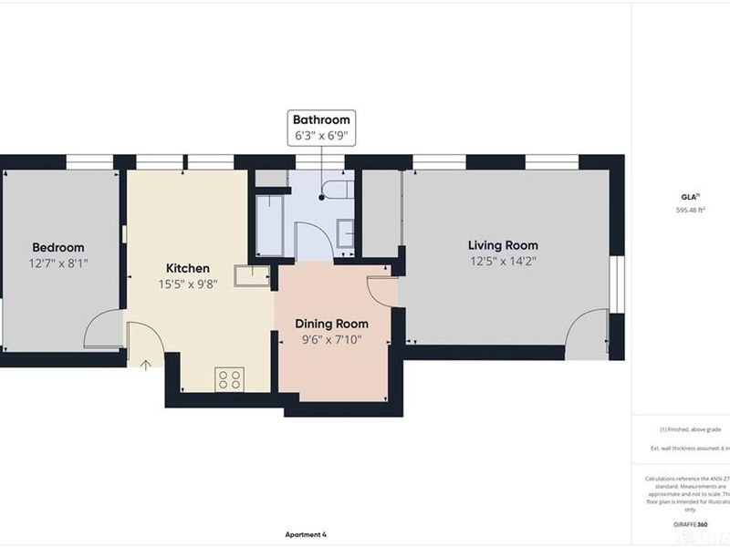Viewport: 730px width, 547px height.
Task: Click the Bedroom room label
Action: click(58, 247)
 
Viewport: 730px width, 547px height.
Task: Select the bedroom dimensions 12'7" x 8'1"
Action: click(58, 263)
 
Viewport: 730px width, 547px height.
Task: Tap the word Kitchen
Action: click(187, 268)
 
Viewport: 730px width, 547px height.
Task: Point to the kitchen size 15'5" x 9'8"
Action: click(187, 284)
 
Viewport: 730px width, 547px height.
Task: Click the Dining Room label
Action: click(331, 324)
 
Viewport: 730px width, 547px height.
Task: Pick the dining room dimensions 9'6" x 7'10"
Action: click(331, 340)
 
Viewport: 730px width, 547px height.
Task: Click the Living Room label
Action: click(503, 244)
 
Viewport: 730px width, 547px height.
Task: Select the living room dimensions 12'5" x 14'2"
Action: click(503, 261)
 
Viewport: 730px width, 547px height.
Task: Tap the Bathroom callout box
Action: click(321, 128)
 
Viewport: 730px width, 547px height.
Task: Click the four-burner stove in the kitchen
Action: click(229, 379)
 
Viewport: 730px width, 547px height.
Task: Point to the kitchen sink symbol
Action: click(252, 275)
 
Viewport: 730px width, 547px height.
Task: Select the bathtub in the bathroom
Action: click(269, 223)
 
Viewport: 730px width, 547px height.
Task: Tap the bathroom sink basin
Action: click(346, 232)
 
